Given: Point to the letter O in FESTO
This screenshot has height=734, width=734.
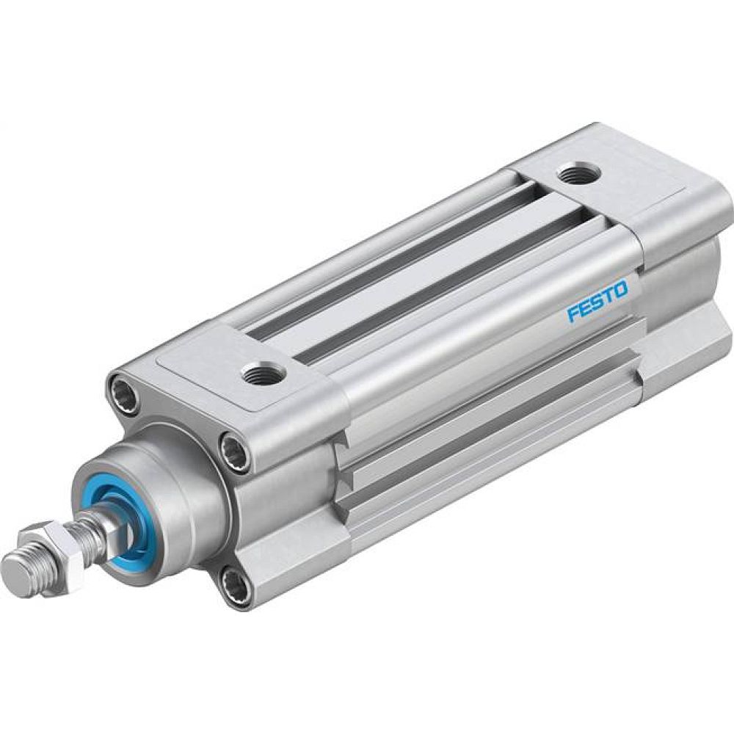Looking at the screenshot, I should point(620,290).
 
